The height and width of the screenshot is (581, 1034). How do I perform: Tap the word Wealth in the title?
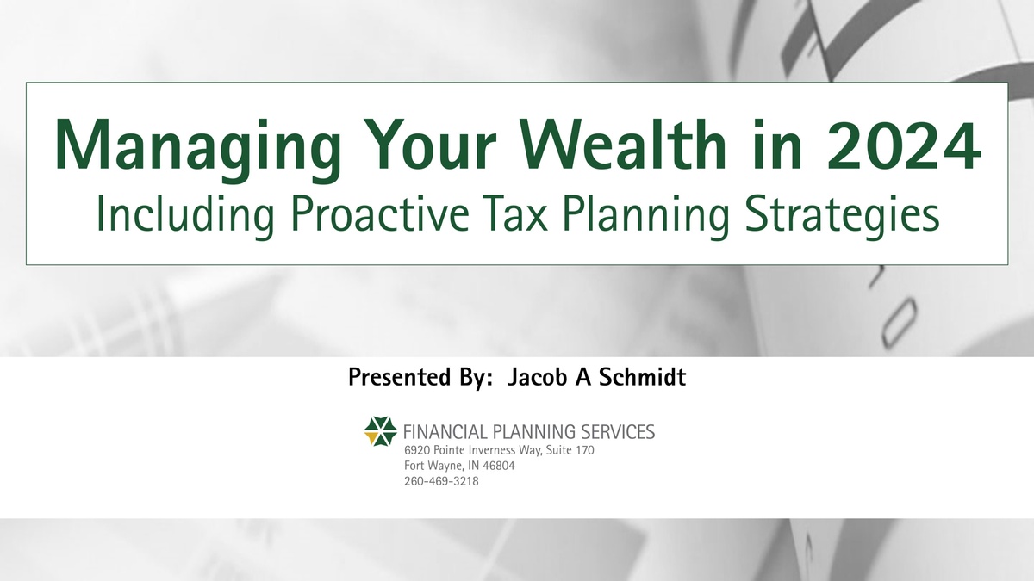[x=626, y=145]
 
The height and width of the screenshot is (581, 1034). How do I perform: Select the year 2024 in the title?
[x=903, y=145]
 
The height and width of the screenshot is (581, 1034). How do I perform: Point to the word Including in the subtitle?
[x=185, y=217]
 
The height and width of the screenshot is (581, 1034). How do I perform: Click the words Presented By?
[x=417, y=377]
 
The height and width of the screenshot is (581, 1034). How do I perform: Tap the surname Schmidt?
[x=643, y=377]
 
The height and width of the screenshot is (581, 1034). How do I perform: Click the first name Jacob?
[x=537, y=377]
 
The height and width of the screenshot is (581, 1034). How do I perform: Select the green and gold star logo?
[x=380, y=431]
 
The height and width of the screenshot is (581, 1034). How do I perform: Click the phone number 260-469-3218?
[x=441, y=481]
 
